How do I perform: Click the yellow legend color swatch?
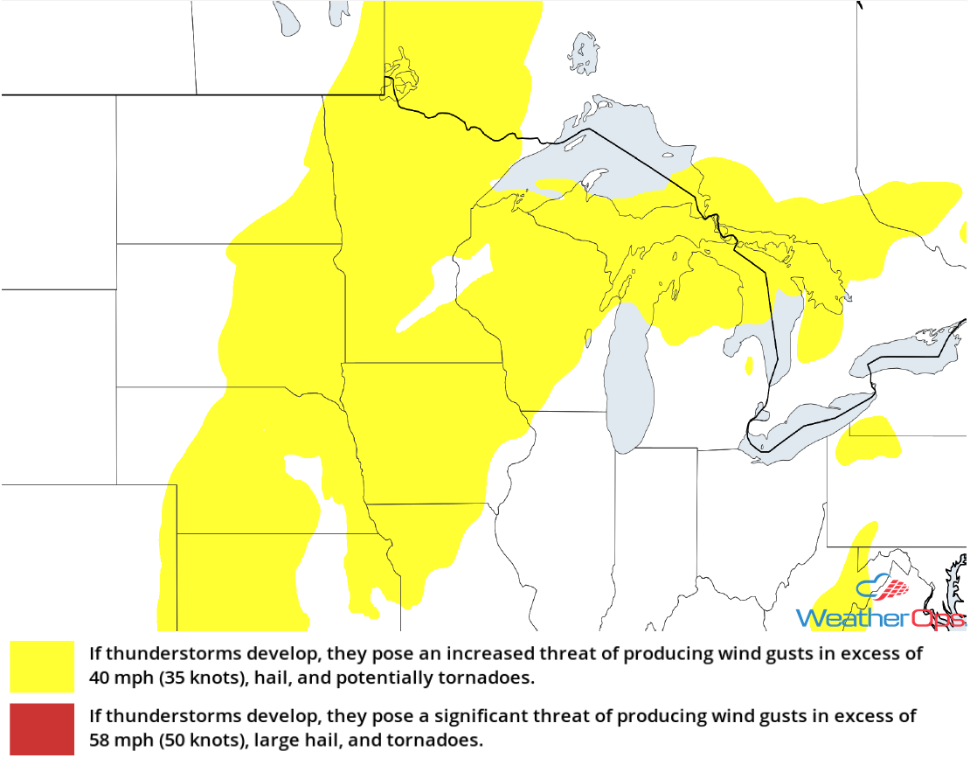click(42, 665)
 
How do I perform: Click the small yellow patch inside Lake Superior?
click(559, 186)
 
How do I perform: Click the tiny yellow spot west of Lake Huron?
click(749, 365)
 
